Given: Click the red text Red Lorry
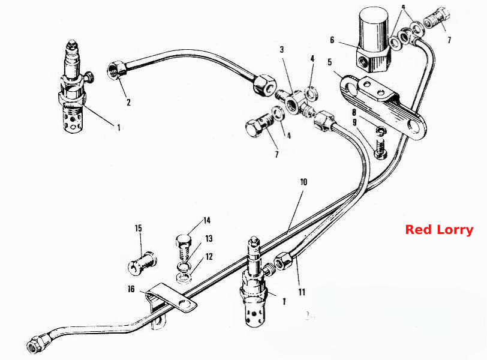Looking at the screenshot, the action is coord(439,230).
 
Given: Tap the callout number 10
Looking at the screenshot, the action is coord(303,182).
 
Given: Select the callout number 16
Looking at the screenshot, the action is coord(131,289).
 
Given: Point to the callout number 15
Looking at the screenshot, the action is coord(139,229).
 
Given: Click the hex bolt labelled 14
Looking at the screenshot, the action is coord(184,246).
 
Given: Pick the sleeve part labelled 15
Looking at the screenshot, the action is coord(143,264).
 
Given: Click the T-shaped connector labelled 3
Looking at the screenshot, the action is coord(294,103).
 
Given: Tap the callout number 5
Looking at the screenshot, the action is coord(329,62).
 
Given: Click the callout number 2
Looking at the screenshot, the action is coord(128,102).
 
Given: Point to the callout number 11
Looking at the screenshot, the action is coord(302,292).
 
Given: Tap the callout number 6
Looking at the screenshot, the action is coord(332,40).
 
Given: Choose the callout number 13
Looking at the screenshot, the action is coord(209,239).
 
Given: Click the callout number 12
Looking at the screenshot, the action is coord(209,257).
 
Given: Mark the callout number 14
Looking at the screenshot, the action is coord(207,220).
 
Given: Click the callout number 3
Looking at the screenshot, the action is coord(282,49).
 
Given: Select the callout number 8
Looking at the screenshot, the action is coord(354,112).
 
